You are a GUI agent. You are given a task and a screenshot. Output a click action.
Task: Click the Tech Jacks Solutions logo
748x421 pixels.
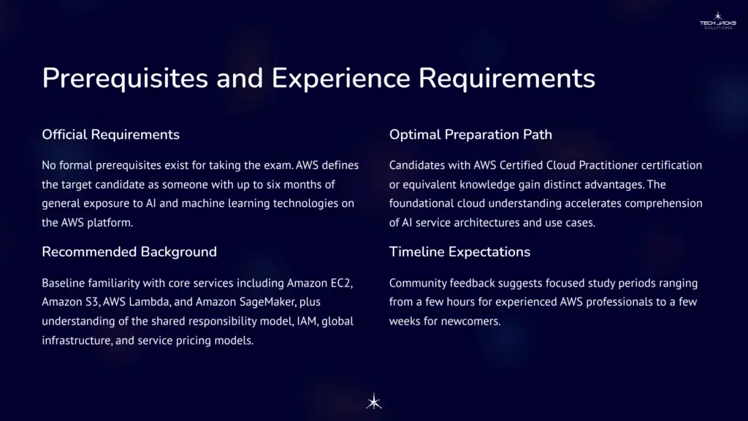pyautogui.click(x=717, y=20)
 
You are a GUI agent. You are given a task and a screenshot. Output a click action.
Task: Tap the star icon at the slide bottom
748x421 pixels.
pyautogui.click(x=374, y=401)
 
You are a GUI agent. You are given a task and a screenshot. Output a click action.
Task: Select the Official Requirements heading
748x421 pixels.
pyautogui.click(x=110, y=134)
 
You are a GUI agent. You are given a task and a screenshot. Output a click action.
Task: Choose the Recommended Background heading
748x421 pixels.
pyautogui.click(x=129, y=251)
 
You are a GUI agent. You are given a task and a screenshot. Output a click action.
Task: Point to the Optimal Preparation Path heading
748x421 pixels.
pyautogui.click(x=470, y=134)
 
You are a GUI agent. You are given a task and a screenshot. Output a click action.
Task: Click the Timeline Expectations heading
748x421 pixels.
pyautogui.click(x=459, y=251)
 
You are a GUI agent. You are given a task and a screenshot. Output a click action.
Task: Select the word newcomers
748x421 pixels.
pyautogui.click(x=472, y=321)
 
